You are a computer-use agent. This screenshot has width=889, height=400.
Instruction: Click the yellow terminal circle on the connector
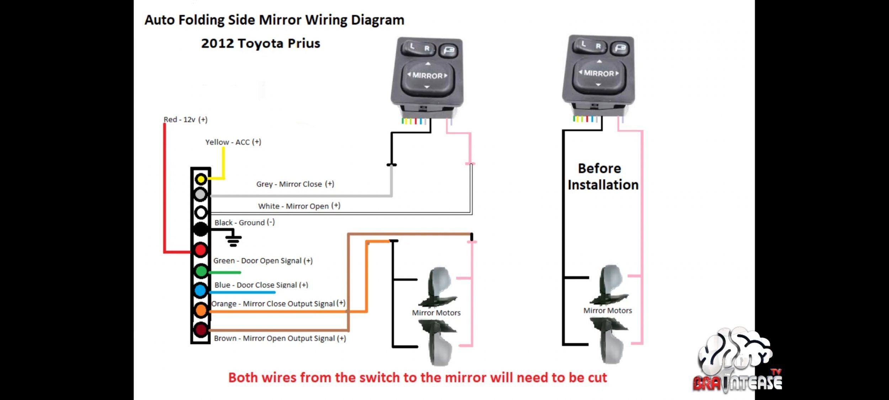coord(201,179)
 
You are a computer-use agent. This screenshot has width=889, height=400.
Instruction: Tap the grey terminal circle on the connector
coord(201,195)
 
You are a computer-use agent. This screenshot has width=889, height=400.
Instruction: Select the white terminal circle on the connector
coord(201,213)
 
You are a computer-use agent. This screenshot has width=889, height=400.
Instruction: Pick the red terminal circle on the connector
coord(201,250)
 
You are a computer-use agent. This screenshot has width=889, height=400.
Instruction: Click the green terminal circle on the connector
coord(201,271)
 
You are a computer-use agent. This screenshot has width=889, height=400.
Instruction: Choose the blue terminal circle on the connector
coord(201,290)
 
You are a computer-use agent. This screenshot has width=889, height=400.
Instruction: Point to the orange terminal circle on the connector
coord(201,310)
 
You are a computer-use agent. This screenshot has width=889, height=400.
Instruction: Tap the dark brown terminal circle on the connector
coord(201,330)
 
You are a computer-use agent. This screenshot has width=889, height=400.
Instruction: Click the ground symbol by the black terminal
coord(233,238)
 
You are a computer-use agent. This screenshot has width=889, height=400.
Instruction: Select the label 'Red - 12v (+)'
coord(185,120)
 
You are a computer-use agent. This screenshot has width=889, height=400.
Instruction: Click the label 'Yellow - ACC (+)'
coord(233,142)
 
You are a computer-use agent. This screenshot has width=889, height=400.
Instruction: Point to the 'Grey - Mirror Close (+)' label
coord(295,184)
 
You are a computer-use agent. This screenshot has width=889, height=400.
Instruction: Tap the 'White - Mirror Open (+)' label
coord(299,206)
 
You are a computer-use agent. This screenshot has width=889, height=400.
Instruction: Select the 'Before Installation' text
coord(603,177)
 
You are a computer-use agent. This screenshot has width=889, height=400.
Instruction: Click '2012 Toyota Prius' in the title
coord(261,43)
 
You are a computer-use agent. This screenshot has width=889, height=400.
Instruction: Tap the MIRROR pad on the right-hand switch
coord(599,74)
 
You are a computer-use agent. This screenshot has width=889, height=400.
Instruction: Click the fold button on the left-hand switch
coord(449,50)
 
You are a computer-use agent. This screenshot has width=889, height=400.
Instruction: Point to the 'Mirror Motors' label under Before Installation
coord(608,311)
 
